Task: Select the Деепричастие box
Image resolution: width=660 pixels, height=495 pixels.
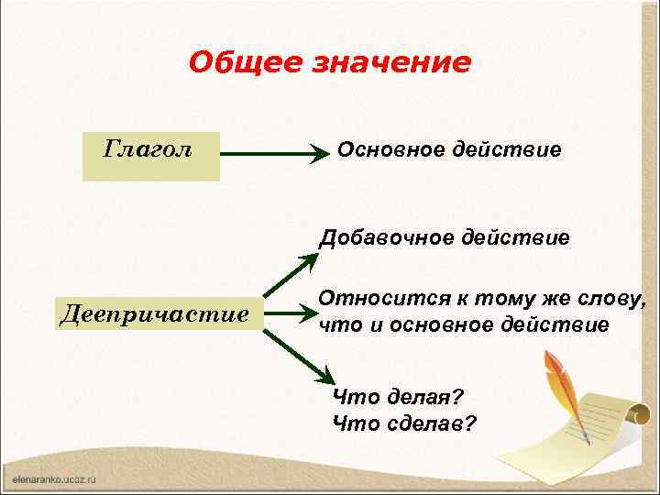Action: click(x=154, y=314)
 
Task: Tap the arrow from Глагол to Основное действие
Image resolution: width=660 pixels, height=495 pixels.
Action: click(x=275, y=155)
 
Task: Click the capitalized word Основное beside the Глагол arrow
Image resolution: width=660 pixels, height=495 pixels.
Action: click(x=391, y=148)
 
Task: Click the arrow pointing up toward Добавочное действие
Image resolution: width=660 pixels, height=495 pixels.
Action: click(x=291, y=275)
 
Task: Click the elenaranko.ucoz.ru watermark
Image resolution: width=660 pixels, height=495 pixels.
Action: click(x=55, y=478)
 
